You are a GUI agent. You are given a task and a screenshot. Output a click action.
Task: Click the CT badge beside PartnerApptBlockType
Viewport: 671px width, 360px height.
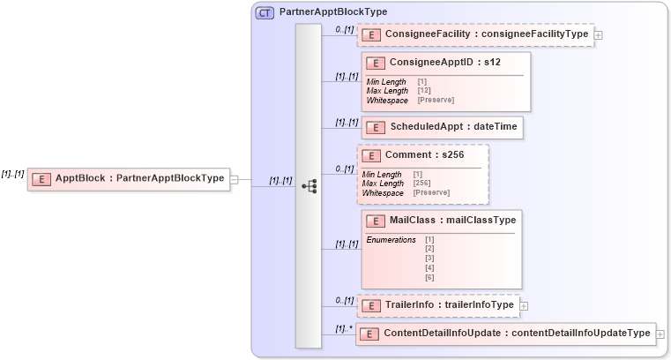pos(264,12)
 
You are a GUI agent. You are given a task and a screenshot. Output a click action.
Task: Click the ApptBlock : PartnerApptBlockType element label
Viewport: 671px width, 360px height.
pos(139,178)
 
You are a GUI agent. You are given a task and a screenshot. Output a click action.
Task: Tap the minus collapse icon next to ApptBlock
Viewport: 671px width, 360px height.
pos(234,179)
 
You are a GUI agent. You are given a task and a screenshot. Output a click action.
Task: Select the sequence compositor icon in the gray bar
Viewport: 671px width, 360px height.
pos(309,186)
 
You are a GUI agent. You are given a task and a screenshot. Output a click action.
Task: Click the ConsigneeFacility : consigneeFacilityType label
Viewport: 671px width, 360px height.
pos(488,34)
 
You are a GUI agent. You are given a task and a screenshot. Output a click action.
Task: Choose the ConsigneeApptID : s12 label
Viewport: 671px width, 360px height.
pos(445,63)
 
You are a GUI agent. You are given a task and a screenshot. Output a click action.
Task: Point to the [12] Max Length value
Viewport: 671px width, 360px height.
pos(424,91)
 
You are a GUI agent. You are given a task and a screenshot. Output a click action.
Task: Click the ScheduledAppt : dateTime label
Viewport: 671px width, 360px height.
pos(454,127)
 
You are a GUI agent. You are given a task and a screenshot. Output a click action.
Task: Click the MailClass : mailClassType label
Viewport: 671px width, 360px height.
pos(452,220)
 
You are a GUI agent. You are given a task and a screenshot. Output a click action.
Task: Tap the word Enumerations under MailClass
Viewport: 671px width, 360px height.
pos(391,240)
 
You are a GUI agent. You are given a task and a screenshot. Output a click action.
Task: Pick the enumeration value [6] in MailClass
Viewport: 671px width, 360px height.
pos(429,278)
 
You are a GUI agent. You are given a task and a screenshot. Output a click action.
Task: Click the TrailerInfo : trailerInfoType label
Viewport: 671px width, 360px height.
pos(450,305)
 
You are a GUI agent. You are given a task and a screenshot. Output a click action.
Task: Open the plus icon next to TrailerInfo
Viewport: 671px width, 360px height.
pos(524,306)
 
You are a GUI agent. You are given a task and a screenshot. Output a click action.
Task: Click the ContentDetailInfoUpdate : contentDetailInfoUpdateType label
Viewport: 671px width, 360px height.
pos(517,334)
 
